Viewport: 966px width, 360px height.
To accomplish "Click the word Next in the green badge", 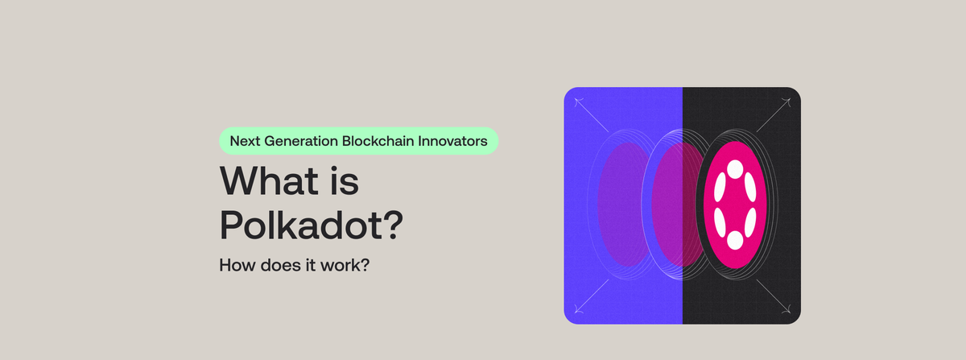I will [246, 140].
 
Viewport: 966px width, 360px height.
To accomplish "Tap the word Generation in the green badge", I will [300, 140].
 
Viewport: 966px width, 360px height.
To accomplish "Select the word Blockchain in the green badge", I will [382, 140].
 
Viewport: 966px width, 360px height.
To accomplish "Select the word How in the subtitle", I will [234, 264].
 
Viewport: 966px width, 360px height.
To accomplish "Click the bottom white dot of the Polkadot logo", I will [734, 240].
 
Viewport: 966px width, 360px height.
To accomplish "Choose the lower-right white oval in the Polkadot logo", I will [751, 222].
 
